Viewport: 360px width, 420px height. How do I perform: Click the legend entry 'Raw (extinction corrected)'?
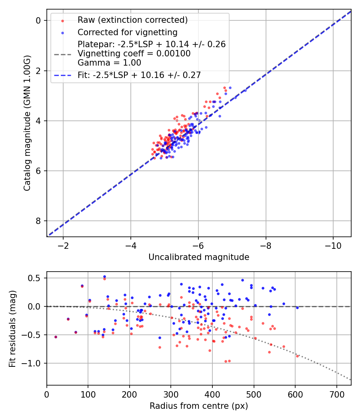point(132,20)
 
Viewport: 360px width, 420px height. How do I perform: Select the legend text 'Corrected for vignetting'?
point(127,32)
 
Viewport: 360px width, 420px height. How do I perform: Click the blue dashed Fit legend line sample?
point(63,75)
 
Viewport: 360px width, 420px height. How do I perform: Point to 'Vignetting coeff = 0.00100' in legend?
point(134,54)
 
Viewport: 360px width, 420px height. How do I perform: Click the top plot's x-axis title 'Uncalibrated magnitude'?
point(199,257)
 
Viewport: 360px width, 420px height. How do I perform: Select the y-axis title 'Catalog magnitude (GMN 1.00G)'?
point(27,122)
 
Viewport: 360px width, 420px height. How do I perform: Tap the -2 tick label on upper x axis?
point(63,246)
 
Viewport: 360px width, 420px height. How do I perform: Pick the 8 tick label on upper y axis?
point(39,221)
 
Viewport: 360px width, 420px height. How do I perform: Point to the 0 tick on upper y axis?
point(39,20)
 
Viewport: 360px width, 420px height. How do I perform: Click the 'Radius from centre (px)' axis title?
point(199,406)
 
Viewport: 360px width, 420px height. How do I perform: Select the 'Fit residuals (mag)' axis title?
point(12,328)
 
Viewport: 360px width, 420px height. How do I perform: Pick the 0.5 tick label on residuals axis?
point(36,278)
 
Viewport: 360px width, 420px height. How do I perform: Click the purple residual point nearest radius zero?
point(56,337)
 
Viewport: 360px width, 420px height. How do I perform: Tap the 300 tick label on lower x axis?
point(171,394)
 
